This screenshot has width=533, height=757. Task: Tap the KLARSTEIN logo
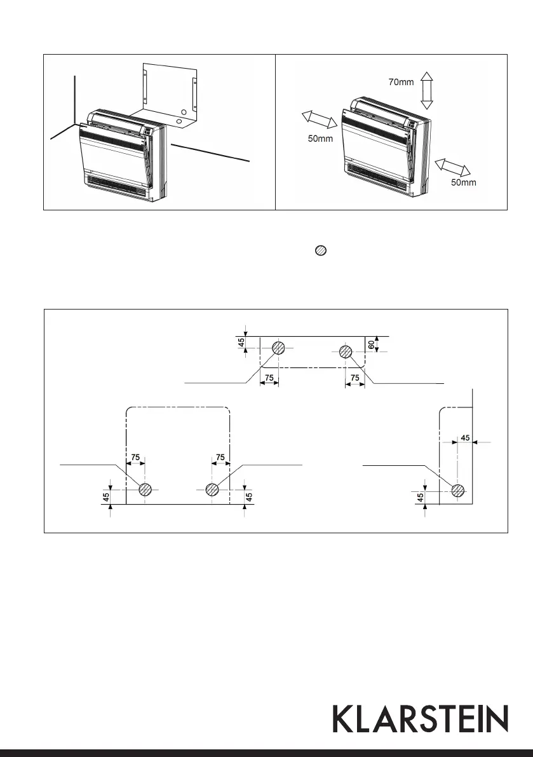[421, 719]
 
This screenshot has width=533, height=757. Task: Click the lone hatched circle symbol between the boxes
[321, 251]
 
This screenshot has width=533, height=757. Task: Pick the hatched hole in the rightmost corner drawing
[458, 490]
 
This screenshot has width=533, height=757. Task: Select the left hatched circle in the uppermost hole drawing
[279, 348]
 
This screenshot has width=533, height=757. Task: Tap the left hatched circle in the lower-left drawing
[145, 489]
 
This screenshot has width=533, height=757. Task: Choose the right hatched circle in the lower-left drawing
[212, 489]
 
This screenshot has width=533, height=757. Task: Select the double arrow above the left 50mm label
[319, 119]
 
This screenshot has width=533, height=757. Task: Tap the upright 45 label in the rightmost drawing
[421, 498]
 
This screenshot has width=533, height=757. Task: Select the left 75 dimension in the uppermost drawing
[269, 377]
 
